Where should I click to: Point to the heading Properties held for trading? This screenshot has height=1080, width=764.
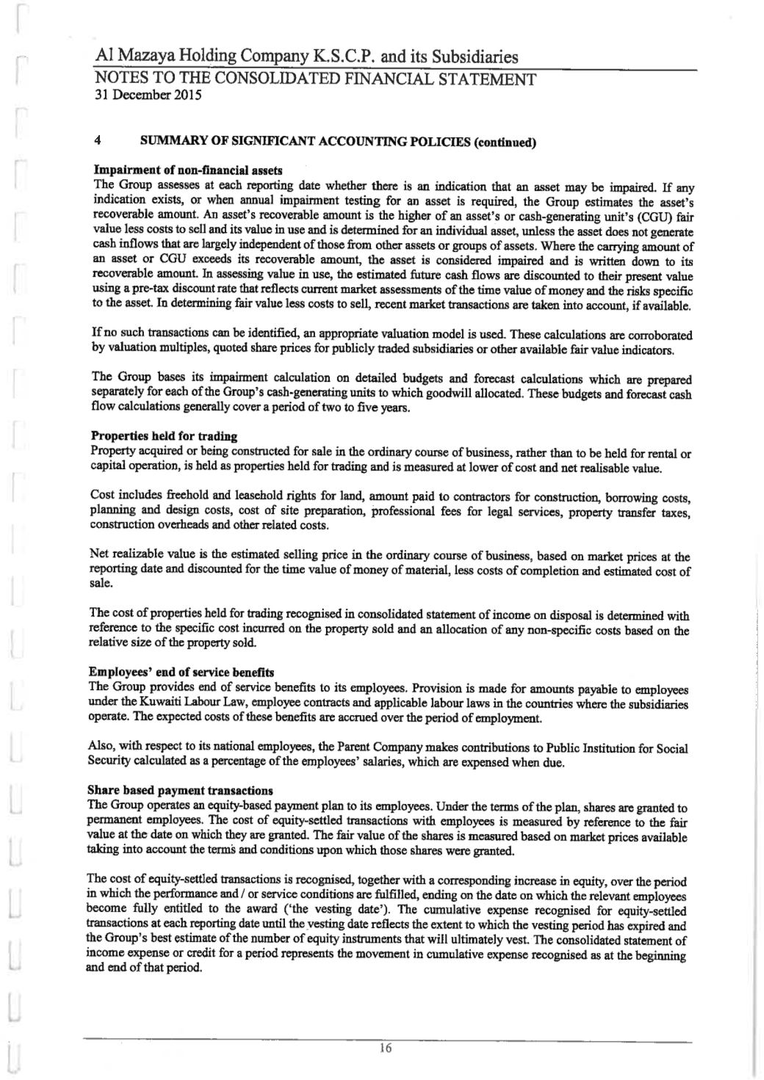[x=163, y=436]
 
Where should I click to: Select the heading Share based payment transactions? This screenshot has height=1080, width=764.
[x=180, y=791]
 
